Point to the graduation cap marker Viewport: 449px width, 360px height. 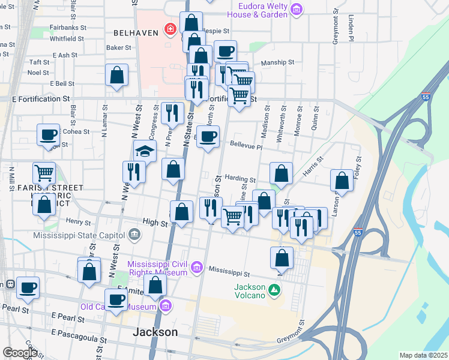(145, 151)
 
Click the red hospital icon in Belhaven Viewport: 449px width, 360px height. (170, 29)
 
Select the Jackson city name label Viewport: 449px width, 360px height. (155, 332)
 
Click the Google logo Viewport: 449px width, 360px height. (20, 353)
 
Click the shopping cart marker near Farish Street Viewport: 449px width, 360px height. (44, 173)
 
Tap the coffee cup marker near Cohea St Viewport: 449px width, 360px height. (48, 134)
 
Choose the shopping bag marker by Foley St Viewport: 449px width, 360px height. (342, 180)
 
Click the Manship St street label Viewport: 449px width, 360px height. (277, 62)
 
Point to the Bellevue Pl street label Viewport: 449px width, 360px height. (246, 146)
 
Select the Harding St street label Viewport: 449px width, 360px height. (240, 179)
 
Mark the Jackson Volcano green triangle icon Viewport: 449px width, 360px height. (274, 290)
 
